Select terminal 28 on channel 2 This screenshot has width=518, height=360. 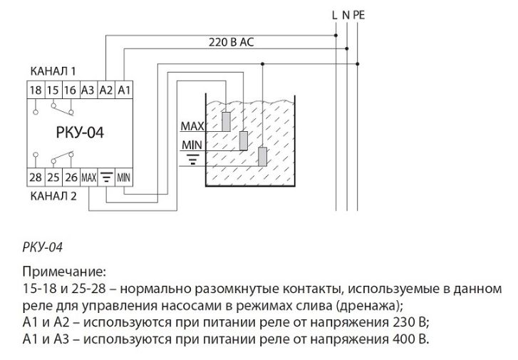pos(36,177)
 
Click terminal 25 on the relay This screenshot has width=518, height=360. pos(53,177)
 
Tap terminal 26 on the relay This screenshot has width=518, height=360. pos(70,177)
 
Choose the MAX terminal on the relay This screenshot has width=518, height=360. pos(88,177)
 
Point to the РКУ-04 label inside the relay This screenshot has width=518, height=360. pos(80,133)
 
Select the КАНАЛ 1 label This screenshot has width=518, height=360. pos(53,72)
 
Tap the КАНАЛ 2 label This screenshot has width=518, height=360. pos(53,194)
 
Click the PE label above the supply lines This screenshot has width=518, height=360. pos(358,14)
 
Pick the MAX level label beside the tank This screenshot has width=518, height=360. pos(192,127)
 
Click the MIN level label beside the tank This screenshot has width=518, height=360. pos(193,144)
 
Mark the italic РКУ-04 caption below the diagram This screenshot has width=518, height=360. pos(43,247)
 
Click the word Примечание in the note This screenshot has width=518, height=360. pos(63,274)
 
